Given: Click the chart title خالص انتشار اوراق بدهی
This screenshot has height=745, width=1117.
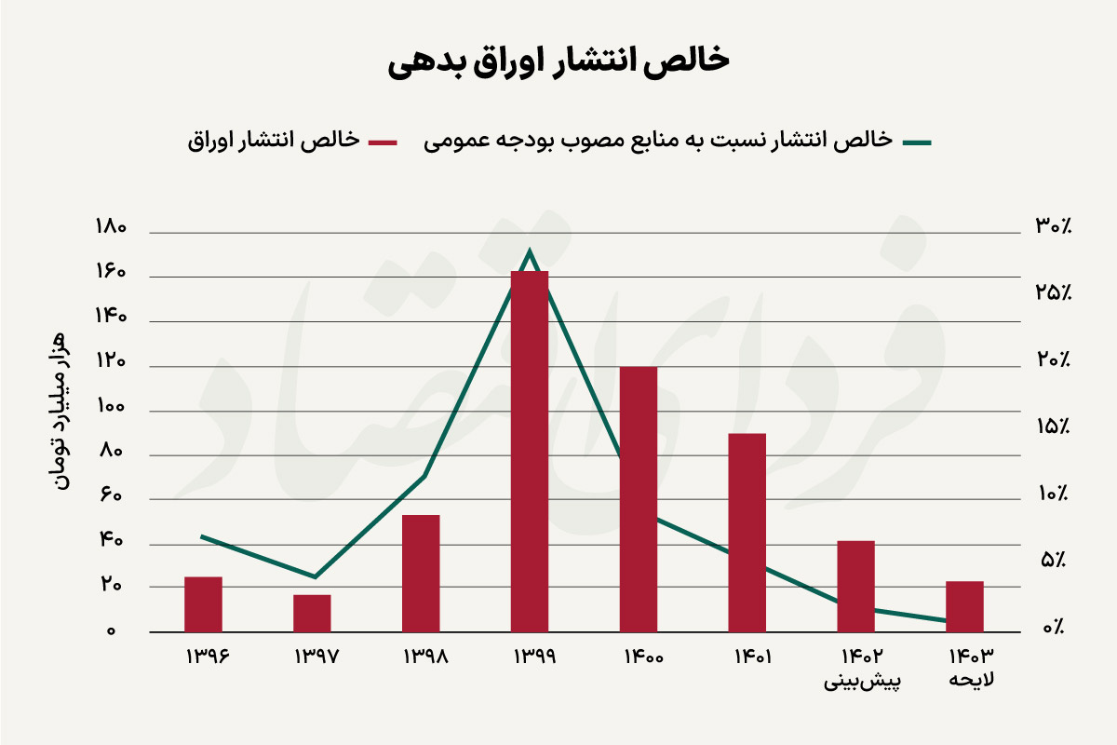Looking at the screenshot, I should pos(558,60).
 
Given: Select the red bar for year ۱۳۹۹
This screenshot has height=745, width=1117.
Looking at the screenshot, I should pos(530,452).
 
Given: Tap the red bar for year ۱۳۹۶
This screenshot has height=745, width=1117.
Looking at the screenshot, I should pos(203,604).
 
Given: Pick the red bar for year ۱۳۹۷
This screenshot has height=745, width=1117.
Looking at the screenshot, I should pos(312,613).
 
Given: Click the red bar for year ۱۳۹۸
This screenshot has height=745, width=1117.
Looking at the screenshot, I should pos(421,573).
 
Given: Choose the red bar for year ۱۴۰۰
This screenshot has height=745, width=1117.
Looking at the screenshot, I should pos(639,499).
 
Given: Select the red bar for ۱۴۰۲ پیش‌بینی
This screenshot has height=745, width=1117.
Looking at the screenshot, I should pos(856,586).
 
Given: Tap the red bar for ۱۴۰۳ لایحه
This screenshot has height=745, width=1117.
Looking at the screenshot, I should pos(965,606).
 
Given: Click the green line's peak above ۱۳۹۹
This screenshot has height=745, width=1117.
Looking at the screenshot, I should pos(530,251).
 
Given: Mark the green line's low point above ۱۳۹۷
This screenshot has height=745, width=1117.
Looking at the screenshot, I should pos(315,577).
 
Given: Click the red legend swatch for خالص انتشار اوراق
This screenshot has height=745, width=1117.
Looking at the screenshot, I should pos(383,142).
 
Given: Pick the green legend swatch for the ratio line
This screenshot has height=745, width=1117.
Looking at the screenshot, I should pos(917,142).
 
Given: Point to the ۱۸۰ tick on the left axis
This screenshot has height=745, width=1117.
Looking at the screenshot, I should pos(110,229).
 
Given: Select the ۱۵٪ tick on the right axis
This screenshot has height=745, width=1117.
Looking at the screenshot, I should pos(1052,427).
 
